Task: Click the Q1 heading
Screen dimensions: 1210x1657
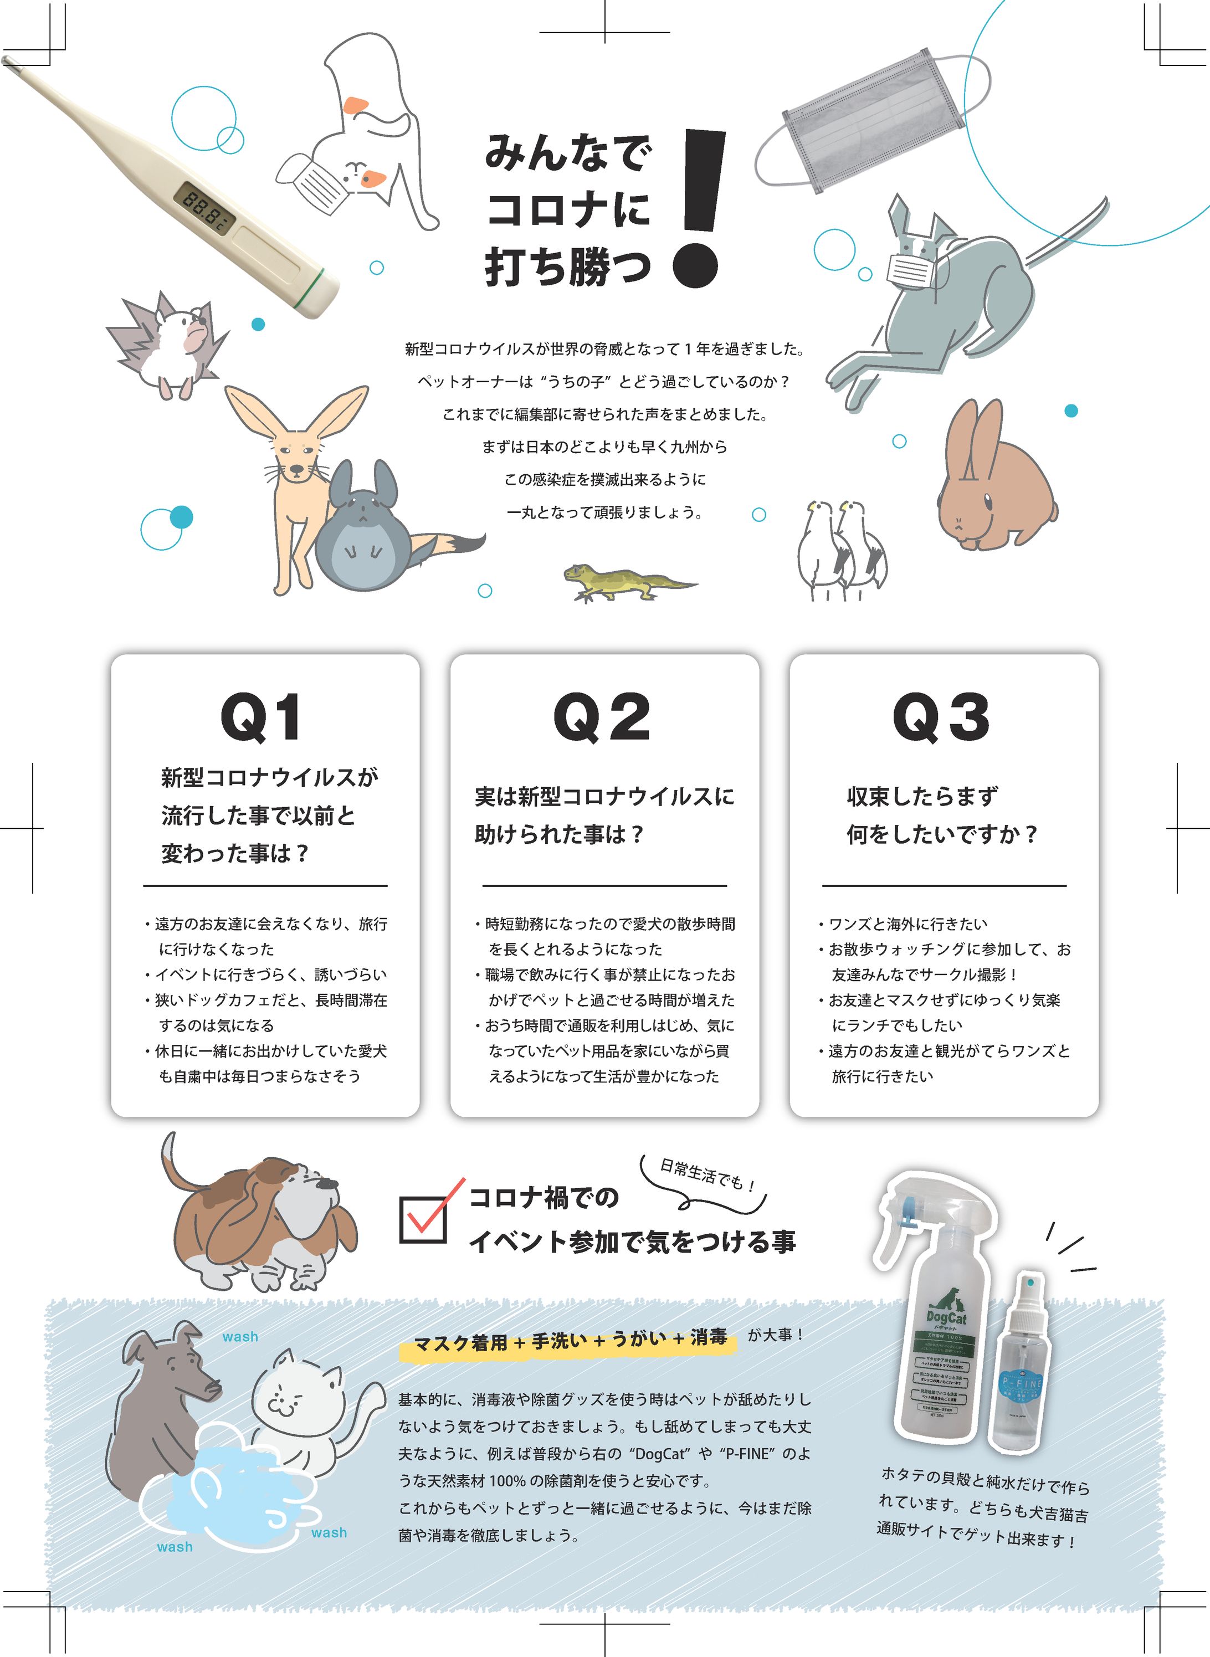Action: coord(261,717)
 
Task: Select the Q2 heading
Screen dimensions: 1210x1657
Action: coord(602,717)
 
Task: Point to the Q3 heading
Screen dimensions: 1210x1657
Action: coord(941,717)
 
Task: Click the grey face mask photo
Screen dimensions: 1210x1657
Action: coord(871,121)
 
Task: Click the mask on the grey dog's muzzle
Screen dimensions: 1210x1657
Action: coord(911,270)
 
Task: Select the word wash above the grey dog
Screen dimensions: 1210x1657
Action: coord(240,1336)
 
